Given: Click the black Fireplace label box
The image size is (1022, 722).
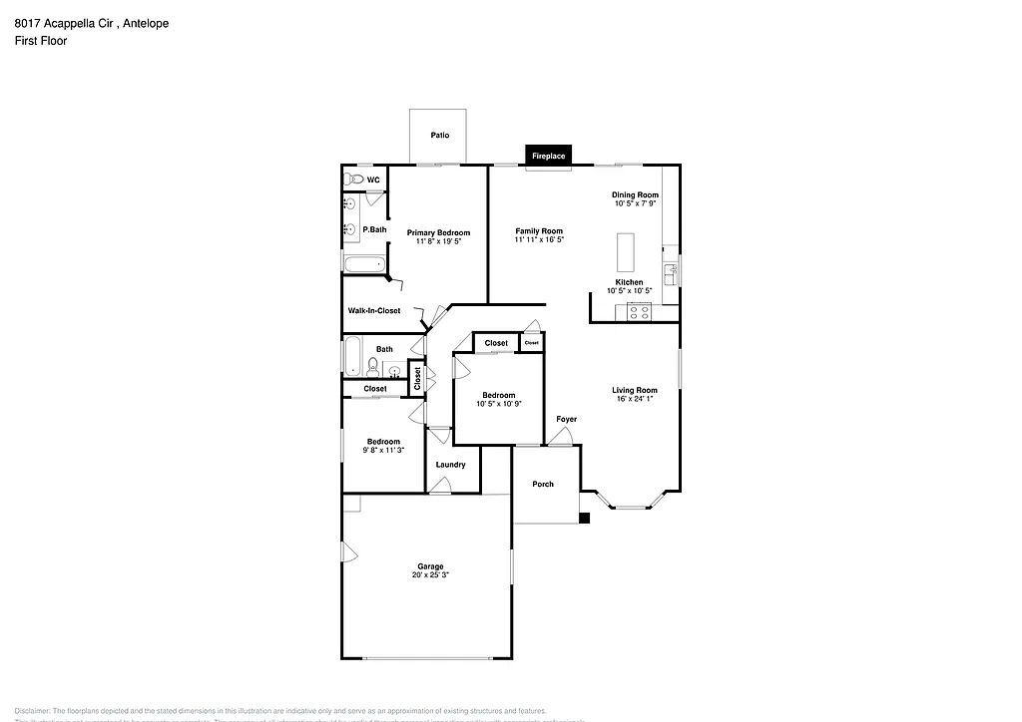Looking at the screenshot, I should tap(548, 156).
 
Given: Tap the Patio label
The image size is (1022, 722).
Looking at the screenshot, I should tap(439, 135).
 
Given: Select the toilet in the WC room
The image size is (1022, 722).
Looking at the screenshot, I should tap(353, 180).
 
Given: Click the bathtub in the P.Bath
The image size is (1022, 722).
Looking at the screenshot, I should tap(363, 265).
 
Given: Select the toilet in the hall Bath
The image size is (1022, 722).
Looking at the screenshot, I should tap(371, 365).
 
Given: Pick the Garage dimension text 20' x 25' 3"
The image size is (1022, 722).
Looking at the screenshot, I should tap(430, 575).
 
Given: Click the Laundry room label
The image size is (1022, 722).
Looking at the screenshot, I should tap(450, 465).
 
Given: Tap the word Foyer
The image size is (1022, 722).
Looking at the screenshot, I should tap(566, 419).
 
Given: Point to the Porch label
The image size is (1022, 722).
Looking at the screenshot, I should tap(542, 485).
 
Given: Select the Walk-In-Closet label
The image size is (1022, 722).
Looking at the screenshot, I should tap(374, 311).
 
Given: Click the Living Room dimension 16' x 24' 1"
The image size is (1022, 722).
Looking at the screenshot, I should tap(634, 399).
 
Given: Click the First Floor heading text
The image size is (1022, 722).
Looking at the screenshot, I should tap(41, 41).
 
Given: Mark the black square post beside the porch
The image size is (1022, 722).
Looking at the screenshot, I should tap(585, 518).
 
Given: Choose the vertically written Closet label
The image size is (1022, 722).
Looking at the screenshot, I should tap(417, 379).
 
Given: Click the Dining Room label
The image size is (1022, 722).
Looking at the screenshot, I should tap(635, 194).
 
